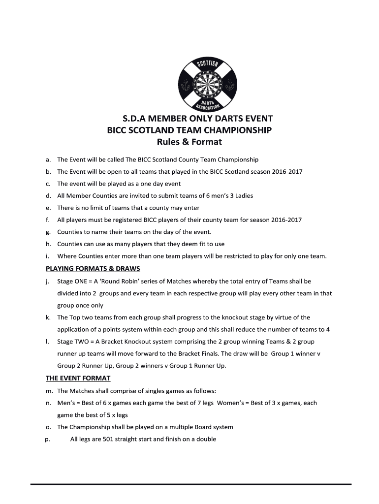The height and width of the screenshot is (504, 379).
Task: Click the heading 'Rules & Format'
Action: tap(189, 143)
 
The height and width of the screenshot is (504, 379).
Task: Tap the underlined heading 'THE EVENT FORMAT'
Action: tap(78, 378)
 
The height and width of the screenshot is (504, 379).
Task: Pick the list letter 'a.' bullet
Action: tap(48, 160)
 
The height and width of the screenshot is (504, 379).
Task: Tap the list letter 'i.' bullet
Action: tap(48, 256)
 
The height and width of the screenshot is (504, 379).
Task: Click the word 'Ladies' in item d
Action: tap(243, 196)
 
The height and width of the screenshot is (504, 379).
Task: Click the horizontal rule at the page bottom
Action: tap(191, 484)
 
